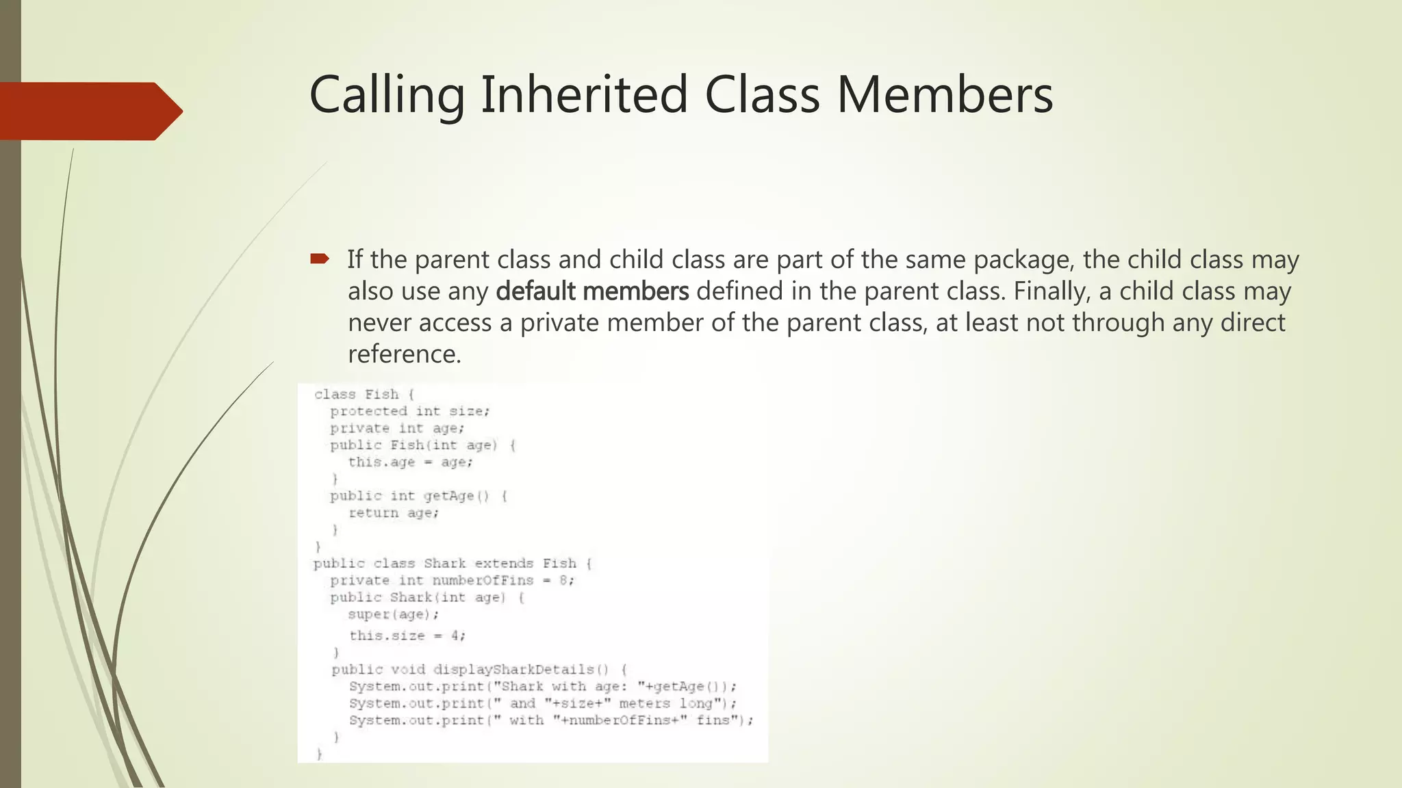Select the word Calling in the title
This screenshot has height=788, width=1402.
coord(387,96)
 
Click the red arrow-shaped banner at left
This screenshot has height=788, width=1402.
coord(89,111)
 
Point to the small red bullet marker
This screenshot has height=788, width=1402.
coord(319,259)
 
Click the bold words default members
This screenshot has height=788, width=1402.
coord(592,291)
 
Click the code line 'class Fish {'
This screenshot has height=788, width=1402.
coord(364,394)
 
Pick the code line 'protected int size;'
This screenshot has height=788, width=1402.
coord(409,411)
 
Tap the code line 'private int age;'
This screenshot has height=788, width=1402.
coord(397,428)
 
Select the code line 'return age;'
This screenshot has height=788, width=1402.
coord(394,513)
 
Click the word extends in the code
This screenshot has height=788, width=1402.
coord(503,564)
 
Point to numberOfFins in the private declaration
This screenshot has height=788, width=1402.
coord(483,581)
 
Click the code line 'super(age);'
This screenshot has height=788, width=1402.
coord(394,614)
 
